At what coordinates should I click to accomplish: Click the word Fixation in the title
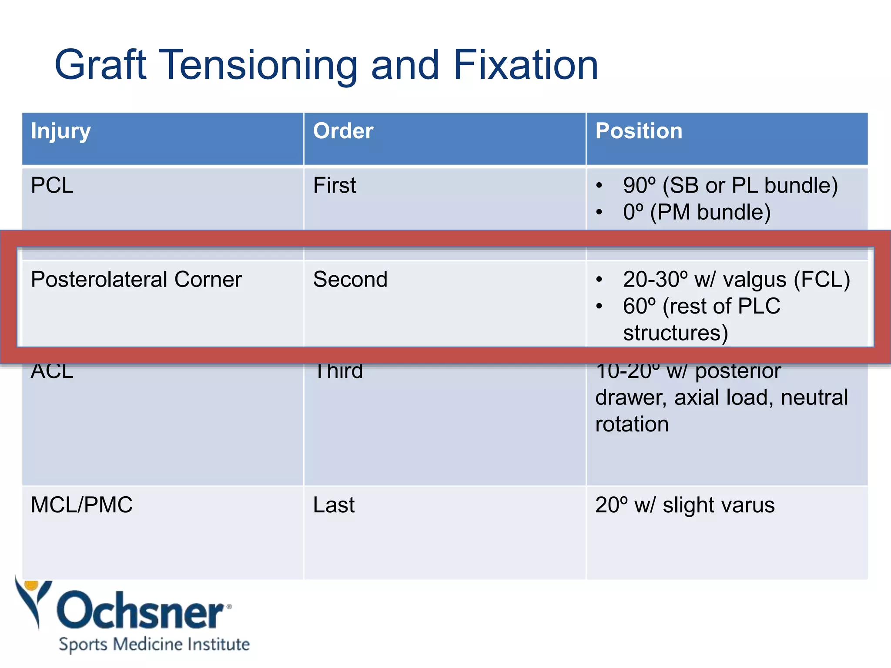[x=525, y=65]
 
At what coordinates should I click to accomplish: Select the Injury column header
[x=60, y=131]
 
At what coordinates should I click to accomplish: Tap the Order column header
[x=343, y=131]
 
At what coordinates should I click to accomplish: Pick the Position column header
[x=638, y=131]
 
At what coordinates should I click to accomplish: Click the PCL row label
[x=52, y=186]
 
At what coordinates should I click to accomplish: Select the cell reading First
[x=334, y=186]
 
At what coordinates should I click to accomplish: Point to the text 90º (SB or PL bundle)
[x=730, y=186]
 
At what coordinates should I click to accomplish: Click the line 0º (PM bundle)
[x=696, y=213]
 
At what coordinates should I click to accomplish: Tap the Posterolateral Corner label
[x=136, y=280]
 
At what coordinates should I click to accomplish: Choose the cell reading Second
[x=350, y=280]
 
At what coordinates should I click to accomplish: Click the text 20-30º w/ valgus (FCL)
[x=736, y=280]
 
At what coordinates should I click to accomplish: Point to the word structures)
[x=675, y=333]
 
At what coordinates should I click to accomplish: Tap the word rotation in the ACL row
[x=632, y=424]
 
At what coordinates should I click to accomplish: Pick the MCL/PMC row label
[x=81, y=505]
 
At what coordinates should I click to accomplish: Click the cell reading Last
[x=334, y=505]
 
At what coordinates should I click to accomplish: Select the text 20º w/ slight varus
[x=685, y=505]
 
